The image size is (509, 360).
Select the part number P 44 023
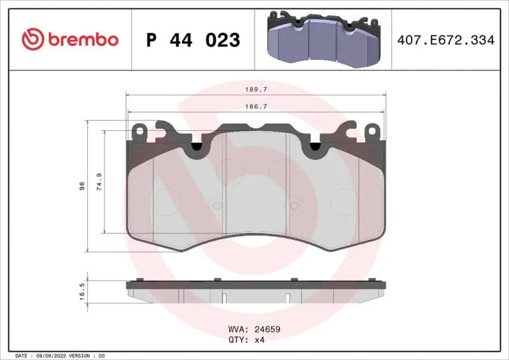coord(193,40)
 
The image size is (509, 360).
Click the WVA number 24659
coord(267,329)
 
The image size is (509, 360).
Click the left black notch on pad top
coord(196,148)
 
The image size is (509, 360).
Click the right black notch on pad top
coord(314,148)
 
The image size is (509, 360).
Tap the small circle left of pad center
coord(216,205)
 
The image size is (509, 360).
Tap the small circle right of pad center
coord(294,205)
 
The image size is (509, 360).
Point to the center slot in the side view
coord(225,296)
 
